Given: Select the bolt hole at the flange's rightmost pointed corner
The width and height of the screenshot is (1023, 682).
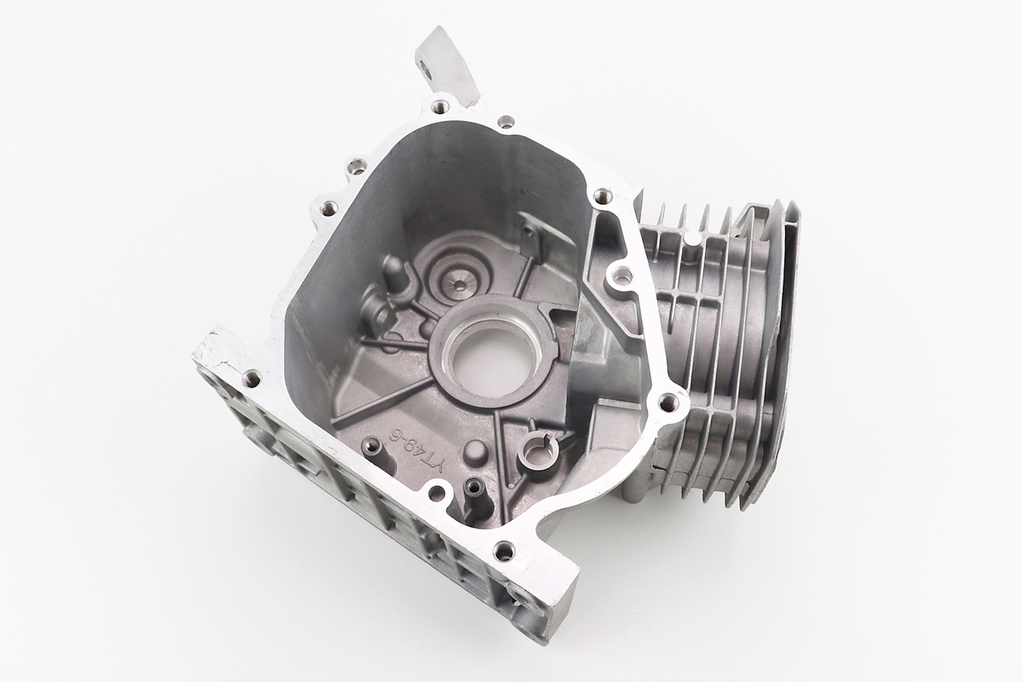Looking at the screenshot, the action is coord(668,403).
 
